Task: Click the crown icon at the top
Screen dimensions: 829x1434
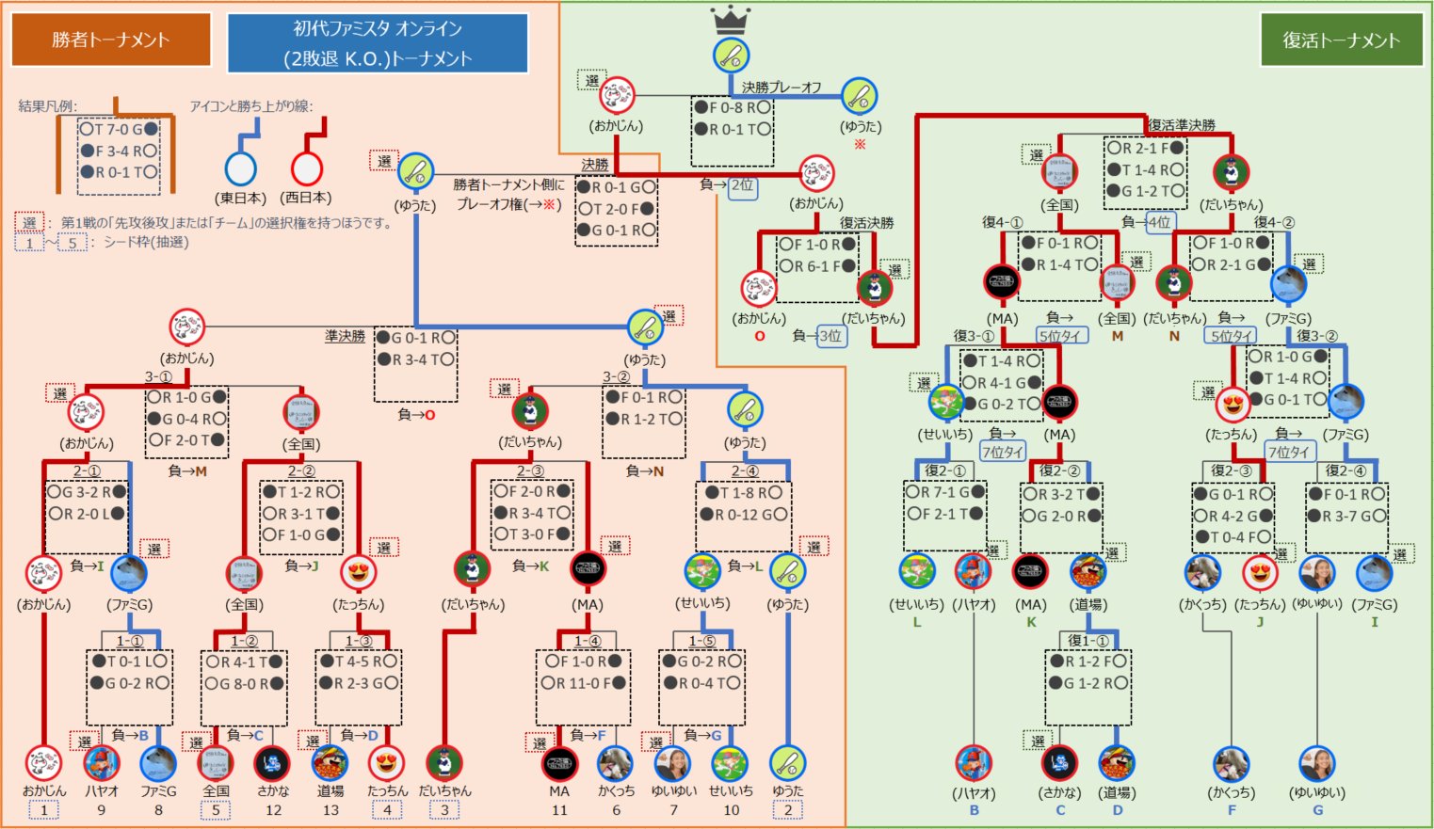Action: pos(730,19)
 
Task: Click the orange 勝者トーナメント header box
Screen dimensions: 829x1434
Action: pos(111,40)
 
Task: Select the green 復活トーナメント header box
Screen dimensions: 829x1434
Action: pos(1341,40)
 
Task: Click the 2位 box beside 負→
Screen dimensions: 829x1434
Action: pos(742,185)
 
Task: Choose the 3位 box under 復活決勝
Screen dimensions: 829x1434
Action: pos(830,335)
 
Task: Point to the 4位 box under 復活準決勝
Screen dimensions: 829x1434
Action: pos(1159,222)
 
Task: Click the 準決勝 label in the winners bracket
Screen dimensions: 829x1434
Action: pos(345,336)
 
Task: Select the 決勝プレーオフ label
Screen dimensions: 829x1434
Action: pos(781,87)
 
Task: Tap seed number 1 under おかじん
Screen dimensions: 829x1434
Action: pos(43,809)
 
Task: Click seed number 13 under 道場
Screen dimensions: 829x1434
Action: pos(330,809)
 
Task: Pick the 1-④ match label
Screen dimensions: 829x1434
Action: pos(588,641)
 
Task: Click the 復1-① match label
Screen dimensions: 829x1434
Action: pos(1087,641)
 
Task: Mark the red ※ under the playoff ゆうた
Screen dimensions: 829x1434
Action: pos(860,144)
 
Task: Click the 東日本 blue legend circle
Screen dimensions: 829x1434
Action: pos(241,168)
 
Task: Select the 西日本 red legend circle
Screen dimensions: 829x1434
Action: pos(306,168)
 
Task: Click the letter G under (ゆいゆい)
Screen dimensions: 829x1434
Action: pos(1317,809)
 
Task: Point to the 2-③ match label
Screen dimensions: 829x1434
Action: pos(530,470)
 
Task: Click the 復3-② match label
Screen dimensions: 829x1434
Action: pos(1316,335)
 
